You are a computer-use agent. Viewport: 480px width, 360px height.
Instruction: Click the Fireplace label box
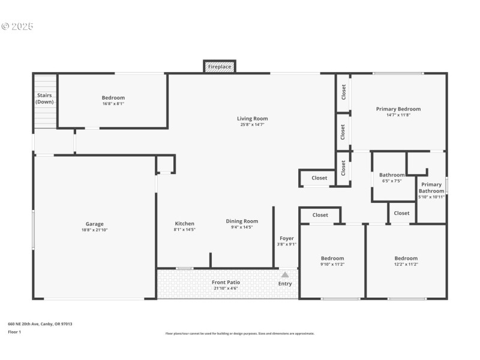point(220,67)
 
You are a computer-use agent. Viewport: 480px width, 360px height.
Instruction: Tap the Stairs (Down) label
point(44,98)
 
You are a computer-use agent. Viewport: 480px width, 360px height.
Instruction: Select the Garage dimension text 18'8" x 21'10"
point(95,230)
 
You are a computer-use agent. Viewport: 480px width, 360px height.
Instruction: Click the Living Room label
point(252,119)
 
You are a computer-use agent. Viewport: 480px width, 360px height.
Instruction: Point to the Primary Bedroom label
point(398,109)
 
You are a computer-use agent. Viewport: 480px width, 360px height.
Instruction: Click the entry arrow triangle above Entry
point(285,274)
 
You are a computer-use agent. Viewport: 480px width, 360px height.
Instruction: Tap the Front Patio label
point(226,282)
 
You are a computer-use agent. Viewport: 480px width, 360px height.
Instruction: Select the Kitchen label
point(185,224)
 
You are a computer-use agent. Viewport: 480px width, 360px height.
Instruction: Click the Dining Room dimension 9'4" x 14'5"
point(242,227)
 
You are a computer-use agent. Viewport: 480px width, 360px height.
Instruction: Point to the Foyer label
point(287,238)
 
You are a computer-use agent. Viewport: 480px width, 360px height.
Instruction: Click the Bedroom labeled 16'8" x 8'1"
point(113,98)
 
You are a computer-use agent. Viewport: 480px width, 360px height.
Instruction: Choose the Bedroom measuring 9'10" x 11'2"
point(332,259)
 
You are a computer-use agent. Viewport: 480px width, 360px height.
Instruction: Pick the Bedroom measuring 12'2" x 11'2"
point(406,259)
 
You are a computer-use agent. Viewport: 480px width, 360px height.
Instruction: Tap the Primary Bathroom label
point(431,188)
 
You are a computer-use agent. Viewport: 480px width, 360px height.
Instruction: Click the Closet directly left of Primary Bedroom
point(344,92)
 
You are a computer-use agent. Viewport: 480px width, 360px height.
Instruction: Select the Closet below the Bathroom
point(401,213)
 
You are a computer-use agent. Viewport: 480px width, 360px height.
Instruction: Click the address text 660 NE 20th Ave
point(40,324)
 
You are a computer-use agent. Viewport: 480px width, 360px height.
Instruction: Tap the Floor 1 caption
point(14,332)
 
